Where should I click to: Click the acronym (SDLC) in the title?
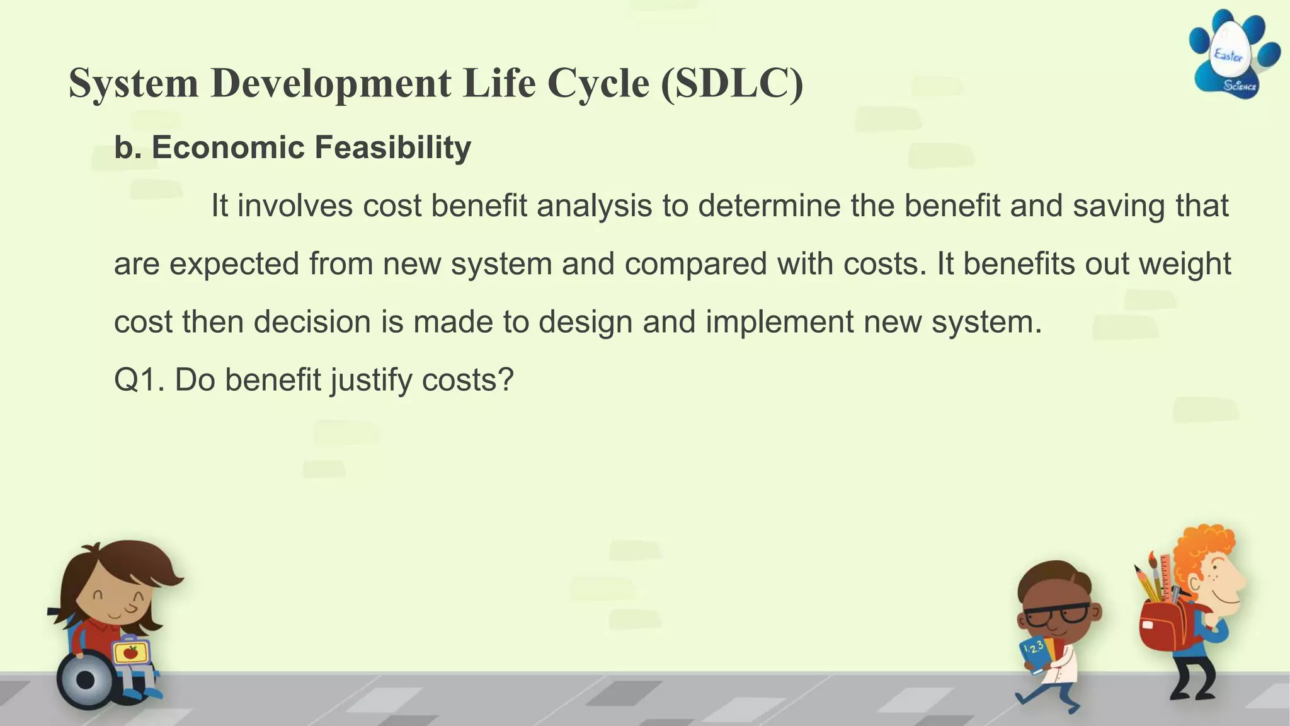[x=732, y=83]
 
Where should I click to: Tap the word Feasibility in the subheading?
[x=392, y=147]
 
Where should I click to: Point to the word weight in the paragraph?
[x=1185, y=264]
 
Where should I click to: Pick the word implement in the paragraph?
[x=779, y=322]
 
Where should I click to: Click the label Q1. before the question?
[x=139, y=380]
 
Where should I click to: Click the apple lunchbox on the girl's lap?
[x=130, y=652]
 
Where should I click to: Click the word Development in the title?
[x=331, y=83]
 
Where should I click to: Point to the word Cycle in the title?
[x=598, y=83]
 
